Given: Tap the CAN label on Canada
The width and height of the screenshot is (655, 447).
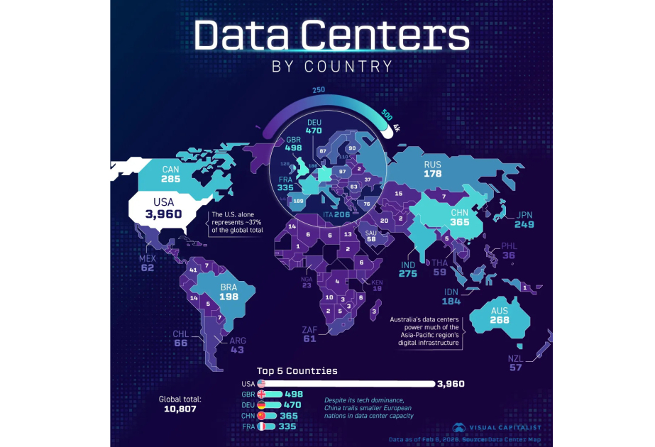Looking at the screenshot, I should click(x=170, y=170).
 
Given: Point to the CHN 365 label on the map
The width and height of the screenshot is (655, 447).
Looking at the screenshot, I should click(x=459, y=217).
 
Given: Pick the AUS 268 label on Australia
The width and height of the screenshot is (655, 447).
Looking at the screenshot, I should click(x=500, y=315).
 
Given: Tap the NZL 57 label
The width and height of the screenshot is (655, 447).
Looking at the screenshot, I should click(x=515, y=363).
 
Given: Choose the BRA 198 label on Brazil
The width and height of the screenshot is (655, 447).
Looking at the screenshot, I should click(x=228, y=292).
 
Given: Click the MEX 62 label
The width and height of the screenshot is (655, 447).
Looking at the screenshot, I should click(x=147, y=263).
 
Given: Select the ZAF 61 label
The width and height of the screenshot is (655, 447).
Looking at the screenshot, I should click(x=309, y=334).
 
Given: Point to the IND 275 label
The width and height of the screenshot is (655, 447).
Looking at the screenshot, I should click(x=407, y=269).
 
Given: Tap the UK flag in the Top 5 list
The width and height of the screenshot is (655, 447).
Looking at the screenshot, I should click(x=261, y=394).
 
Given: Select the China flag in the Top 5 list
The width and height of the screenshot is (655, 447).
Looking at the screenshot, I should click(x=261, y=415).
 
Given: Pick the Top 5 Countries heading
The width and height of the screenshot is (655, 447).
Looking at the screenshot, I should click(x=297, y=370).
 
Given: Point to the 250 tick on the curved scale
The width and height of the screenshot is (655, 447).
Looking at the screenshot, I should click(x=319, y=90).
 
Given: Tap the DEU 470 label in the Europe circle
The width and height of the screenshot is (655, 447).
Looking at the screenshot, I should click(x=314, y=126).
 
